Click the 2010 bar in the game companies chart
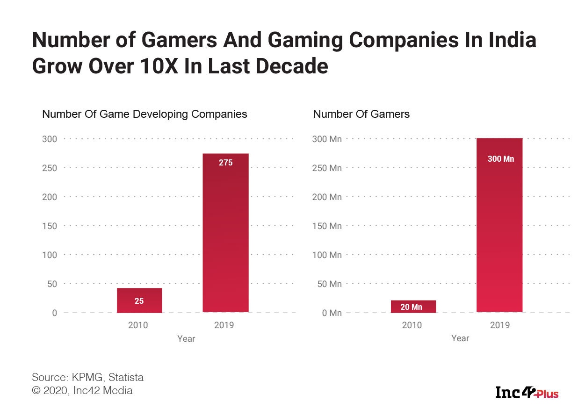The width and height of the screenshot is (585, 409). click(x=139, y=300)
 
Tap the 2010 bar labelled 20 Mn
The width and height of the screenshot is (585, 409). click(x=413, y=306)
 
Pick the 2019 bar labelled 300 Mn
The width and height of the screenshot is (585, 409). click(x=499, y=225)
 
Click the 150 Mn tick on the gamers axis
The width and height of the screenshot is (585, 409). click(x=327, y=226)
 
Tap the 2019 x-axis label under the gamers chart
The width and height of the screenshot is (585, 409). click(x=499, y=324)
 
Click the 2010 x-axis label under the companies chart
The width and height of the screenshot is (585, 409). click(x=138, y=324)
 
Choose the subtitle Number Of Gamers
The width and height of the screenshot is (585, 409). click(x=361, y=114)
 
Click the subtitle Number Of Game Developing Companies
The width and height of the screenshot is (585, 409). click(x=144, y=114)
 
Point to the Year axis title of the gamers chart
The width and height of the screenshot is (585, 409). click(x=460, y=338)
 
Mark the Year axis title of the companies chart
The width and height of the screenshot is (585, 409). click(x=186, y=338)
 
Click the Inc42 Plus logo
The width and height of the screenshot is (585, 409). click(x=527, y=392)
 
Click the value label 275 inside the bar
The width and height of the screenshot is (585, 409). click(x=225, y=163)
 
